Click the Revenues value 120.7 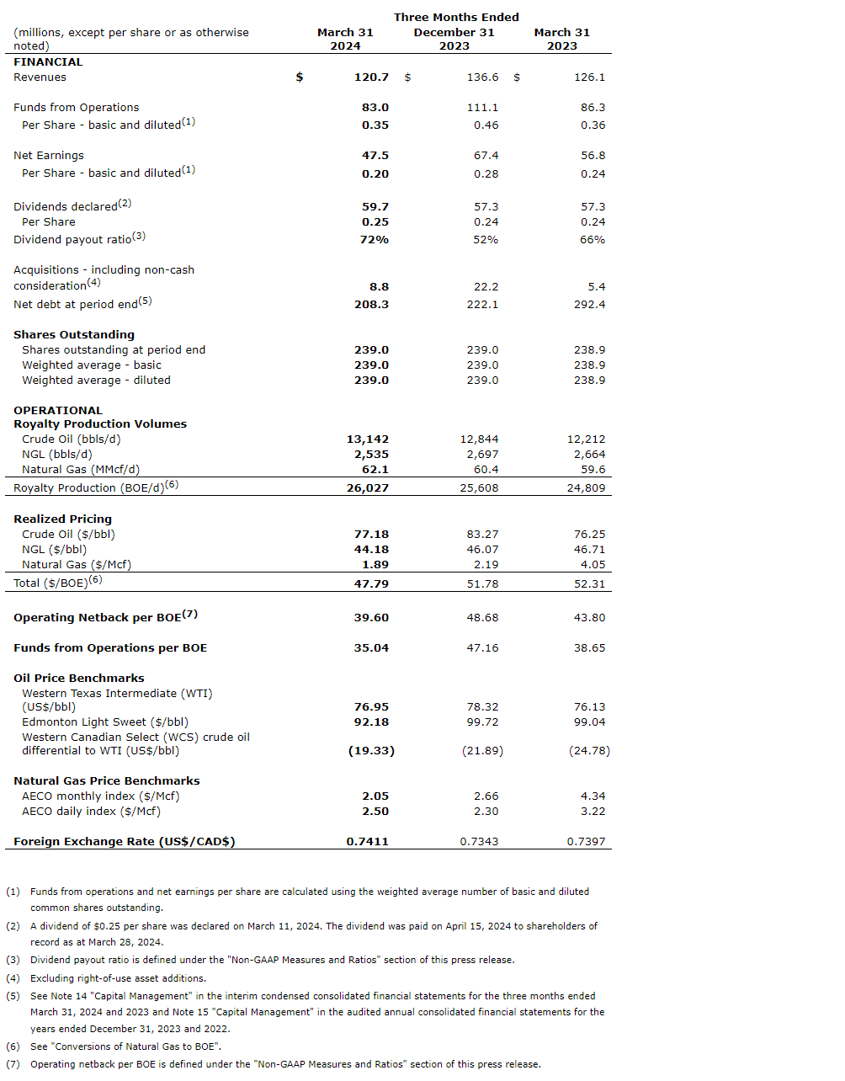[371, 77]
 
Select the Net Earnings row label [49, 156]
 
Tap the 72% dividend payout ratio [375, 240]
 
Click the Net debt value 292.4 [589, 305]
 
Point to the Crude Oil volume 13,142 [368, 439]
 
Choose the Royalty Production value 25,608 [479, 488]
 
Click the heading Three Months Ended [456, 18]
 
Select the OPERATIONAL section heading [57, 411]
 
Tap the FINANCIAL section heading [48, 62]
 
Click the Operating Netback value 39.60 [371, 618]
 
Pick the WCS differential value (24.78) [589, 751]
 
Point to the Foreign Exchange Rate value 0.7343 [479, 842]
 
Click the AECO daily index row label [91, 812]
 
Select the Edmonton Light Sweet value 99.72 [482, 722]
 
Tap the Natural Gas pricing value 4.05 [593, 565]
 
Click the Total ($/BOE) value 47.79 [371, 584]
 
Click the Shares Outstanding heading [74, 335]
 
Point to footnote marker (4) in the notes [13, 978]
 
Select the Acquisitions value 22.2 [486, 287]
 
